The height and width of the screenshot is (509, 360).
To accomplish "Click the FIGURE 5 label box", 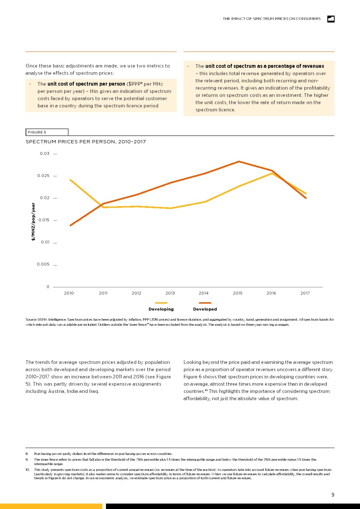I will (x=47, y=132).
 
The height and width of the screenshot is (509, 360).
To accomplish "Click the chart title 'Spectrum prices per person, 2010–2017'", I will (x=86, y=142).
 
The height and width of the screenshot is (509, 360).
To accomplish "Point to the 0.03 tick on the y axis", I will (x=45, y=153).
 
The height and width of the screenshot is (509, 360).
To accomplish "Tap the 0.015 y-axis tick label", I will (x=44, y=220).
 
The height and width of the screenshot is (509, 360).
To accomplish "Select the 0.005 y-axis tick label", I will (x=43, y=264).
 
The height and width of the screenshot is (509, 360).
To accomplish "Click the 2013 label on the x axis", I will (x=170, y=293).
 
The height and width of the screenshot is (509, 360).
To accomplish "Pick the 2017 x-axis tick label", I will (x=305, y=293).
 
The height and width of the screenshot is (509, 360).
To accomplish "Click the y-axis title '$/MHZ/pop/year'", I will (x=33, y=222).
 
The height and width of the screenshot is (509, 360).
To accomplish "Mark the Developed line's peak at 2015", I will (x=238, y=161).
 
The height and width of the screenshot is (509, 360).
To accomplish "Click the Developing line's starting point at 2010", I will (x=70, y=180).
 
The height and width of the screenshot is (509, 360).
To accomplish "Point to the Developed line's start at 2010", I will (x=70, y=226).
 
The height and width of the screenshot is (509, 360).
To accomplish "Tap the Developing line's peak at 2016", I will (x=271, y=173).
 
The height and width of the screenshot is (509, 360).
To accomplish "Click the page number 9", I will (x=333, y=495).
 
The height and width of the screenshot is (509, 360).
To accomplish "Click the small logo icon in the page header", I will (x=331, y=19).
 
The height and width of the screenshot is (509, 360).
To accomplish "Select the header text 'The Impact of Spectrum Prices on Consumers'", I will (x=271, y=19).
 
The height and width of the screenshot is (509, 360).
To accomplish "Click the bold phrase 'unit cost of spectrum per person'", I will (x=86, y=84).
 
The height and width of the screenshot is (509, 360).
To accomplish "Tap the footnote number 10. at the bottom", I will (x=28, y=470).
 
